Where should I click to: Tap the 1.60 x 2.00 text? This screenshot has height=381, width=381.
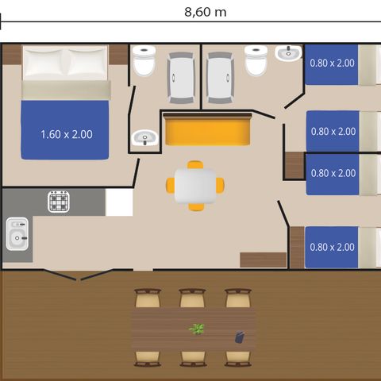pos(66,134)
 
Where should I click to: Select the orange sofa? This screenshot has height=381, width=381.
pos(208,129)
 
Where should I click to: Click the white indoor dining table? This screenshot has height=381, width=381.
pos(194,186)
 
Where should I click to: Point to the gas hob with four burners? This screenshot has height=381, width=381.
pos(60,202)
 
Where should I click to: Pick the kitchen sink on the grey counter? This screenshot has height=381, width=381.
pos(17,234)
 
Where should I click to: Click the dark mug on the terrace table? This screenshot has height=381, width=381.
pos(239,337)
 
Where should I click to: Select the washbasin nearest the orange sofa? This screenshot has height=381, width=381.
pos(145,139)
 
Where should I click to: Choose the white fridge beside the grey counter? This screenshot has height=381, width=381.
pos(119,202)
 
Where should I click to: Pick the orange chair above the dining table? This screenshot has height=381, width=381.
pos(194,165)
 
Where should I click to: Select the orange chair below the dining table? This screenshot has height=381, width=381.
pos(194,206)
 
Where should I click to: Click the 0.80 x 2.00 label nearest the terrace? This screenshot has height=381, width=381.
pos(332,247)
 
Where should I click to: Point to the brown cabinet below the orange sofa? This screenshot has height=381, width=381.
pos(263,260)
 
